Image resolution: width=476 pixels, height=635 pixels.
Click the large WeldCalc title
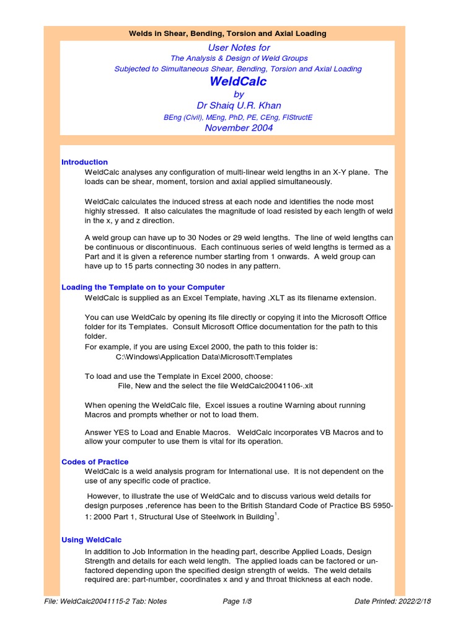[x=238, y=81]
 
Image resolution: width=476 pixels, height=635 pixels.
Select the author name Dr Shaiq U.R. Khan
[x=239, y=105]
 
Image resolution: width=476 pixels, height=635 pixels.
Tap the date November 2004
[x=239, y=128]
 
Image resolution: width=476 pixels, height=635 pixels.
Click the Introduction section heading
[x=84, y=162]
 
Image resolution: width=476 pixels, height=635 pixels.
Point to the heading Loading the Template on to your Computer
[x=143, y=287]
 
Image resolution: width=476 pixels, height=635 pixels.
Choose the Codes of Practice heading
[x=95, y=461]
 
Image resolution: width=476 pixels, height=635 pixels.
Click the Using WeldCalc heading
[x=91, y=540]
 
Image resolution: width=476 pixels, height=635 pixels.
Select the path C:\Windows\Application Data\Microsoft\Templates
[x=195, y=357]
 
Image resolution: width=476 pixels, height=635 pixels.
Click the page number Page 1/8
[x=239, y=601]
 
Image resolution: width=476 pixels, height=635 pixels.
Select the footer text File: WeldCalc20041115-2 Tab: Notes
[x=105, y=601]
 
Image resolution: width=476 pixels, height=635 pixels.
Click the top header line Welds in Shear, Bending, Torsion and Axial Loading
[x=227, y=33]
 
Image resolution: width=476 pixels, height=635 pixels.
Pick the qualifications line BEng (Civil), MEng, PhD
[x=238, y=117]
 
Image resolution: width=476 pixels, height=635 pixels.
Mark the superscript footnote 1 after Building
[x=276, y=513]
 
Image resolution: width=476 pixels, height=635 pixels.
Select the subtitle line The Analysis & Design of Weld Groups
[x=239, y=58]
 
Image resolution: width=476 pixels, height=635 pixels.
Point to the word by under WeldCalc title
[x=239, y=94]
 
